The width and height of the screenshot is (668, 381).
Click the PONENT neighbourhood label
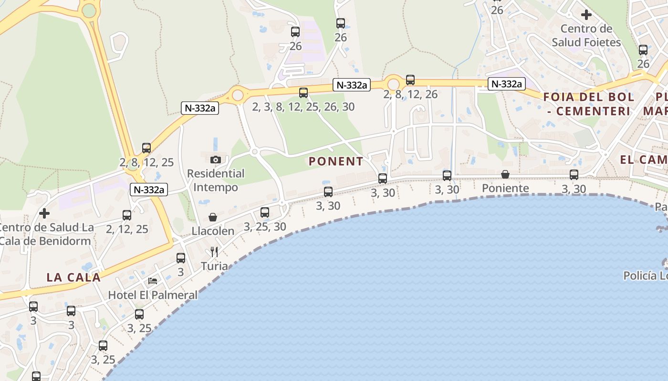335,161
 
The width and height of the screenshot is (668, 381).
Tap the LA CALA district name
73,277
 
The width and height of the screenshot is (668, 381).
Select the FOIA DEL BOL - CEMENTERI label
589,104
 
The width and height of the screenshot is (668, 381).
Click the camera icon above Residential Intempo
216,160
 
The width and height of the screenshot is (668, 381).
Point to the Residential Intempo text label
216,180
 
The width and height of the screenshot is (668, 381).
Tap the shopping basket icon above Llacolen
213,217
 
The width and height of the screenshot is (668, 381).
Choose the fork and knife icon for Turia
214,251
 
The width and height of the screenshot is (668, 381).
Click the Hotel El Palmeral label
153,295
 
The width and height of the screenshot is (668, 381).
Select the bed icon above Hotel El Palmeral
153,281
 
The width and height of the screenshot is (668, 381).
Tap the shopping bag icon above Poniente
505,174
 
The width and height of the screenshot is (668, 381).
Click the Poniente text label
505,188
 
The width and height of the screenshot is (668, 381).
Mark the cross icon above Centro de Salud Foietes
586,15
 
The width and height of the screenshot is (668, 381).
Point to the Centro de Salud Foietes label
586,35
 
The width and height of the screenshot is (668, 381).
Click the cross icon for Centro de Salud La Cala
44,213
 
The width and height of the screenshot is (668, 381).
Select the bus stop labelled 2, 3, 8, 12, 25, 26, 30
303,93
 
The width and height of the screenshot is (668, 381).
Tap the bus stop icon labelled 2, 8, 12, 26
410,80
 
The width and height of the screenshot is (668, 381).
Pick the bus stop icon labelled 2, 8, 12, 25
146,148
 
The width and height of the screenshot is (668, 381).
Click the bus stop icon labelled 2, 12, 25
127,215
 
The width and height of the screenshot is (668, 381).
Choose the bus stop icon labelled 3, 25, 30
265,212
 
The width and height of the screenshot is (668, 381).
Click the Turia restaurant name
214,266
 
